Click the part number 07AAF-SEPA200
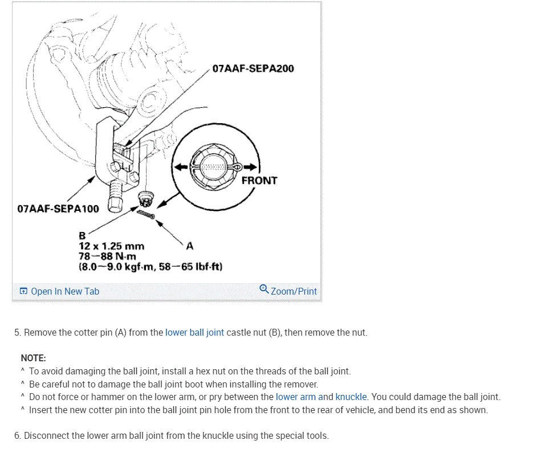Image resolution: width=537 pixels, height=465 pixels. pyautogui.click(x=253, y=69)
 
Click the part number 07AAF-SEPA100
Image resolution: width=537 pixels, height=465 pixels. pyautogui.click(x=58, y=209)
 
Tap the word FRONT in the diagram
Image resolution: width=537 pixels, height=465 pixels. pyautogui.click(x=259, y=181)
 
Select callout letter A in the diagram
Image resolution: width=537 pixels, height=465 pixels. pyautogui.click(x=190, y=246)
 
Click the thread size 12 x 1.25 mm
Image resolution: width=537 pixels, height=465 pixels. pyautogui.click(x=111, y=247)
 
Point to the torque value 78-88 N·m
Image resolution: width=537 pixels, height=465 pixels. pyautogui.click(x=107, y=256)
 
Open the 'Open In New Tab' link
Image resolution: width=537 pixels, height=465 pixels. pyautogui.click(x=64, y=291)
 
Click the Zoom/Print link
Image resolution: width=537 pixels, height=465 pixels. pyautogui.click(x=294, y=291)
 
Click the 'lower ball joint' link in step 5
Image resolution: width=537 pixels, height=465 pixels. pyautogui.click(x=194, y=332)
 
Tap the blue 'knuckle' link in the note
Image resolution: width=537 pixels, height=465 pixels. pyautogui.click(x=351, y=397)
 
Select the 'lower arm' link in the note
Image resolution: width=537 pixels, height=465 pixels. pyautogui.click(x=295, y=397)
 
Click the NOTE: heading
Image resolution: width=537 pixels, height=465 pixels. pyautogui.click(x=33, y=358)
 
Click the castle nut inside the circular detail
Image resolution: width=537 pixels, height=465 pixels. pyautogui.click(x=214, y=166)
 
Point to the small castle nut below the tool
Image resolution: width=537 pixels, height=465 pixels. pyautogui.click(x=147, y=199)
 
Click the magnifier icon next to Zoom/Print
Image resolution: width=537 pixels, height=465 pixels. pyautogui.click(x=264, y=289)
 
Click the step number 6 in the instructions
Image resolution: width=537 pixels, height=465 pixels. pyautogui.click(x=17, y=436)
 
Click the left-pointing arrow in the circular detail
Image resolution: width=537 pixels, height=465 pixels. pyautogui.click(x=180, y=167)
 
